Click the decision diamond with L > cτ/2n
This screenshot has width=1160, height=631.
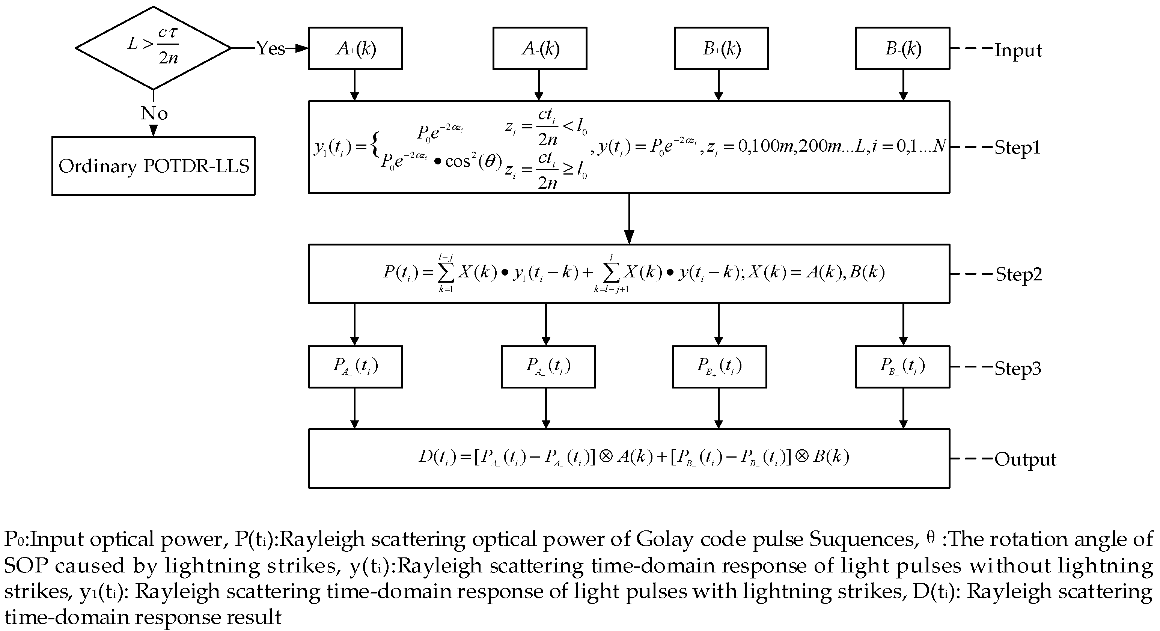[x=153, y=48]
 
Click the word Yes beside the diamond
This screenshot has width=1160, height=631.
[x=271, y=48]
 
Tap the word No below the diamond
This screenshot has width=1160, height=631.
[x=154, y=113]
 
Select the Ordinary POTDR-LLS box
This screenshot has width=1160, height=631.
[x=153, y=166]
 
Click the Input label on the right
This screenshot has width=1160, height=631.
[x=1018, y=50]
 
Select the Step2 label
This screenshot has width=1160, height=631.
[x=1018, y=274]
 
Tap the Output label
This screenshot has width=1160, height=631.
[x=1025, y=459]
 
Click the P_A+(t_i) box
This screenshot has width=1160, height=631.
[x=355, y=367]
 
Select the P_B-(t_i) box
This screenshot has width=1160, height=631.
[x=902, y=367]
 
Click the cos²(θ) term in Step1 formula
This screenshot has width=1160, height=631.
[x=473, y=161]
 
